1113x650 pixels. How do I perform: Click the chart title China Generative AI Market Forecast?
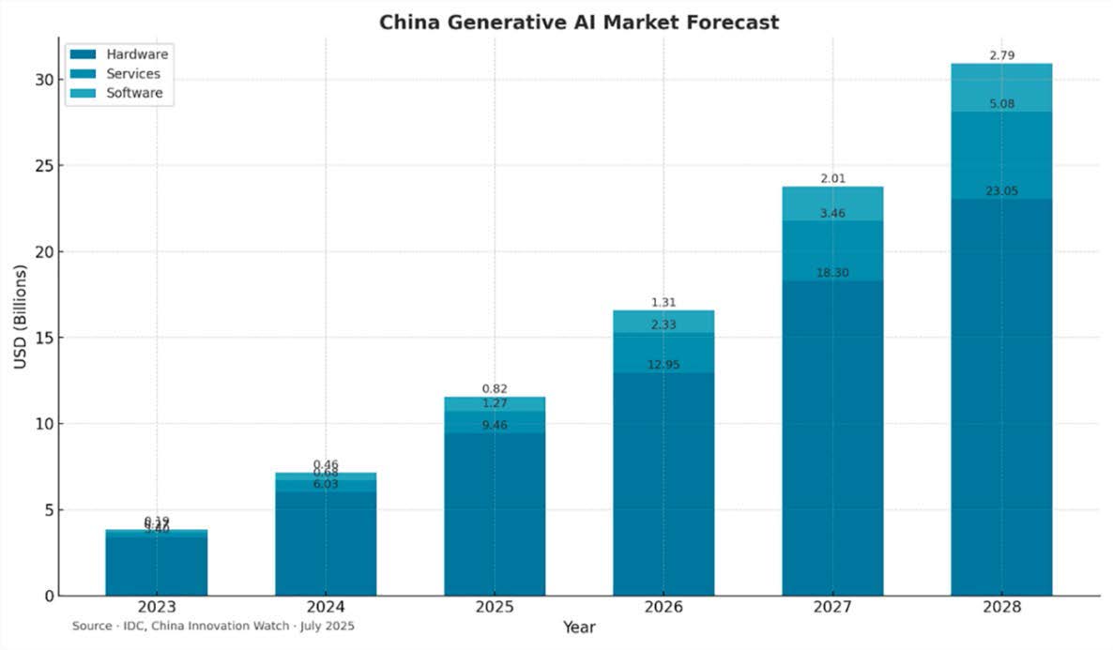pos(578,22)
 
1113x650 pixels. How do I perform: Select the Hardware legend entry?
pos(136,54)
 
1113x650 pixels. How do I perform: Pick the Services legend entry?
pos(132,74)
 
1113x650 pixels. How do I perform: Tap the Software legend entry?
pos(134,93)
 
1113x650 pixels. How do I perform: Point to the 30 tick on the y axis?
pos(43,80)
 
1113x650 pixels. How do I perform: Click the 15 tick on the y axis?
pos(43,338)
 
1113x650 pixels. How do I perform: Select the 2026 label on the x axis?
pos(663,607)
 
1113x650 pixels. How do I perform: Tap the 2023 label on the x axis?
pos(157,607)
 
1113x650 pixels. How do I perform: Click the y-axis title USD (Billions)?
pos(21,316)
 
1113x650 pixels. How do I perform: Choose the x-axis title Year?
pos(578,627)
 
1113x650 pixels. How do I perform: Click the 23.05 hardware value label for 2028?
pos(1001,191)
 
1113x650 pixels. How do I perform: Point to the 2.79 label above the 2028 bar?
pos(1001,56)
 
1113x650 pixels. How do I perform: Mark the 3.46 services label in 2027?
pos(832,214)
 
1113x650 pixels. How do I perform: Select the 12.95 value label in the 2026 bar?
pos(663,365)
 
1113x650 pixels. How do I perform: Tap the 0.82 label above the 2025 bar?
pos(495,388)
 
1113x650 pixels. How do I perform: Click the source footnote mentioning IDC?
pos(213,626)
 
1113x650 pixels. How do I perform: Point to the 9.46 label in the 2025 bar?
pos(495,425)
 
